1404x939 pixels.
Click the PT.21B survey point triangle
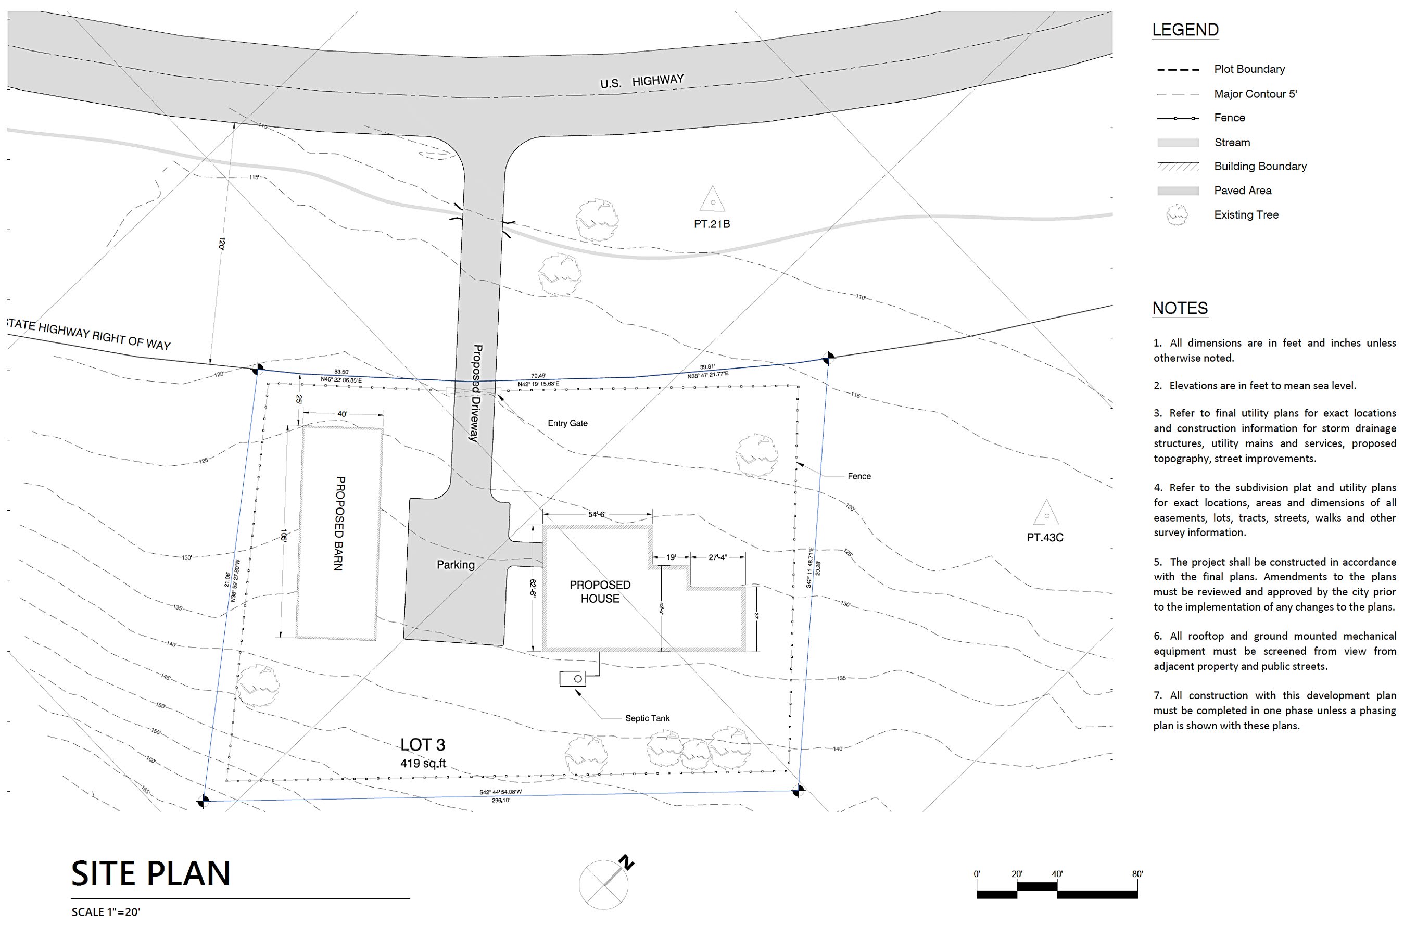(x=712, y=200)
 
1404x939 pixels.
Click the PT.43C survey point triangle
(x=1046, y=513)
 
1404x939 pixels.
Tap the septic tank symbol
(x=573, y=679)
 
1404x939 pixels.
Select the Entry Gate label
(x=567, y=423)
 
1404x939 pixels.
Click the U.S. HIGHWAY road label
(x=641, y=81)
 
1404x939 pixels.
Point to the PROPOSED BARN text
(x=339, y=524)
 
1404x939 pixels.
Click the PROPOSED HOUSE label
(x=600, y=592)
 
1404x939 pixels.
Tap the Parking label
(x=455, y=565)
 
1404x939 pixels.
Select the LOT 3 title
(x=422, y=744)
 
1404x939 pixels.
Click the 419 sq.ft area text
(x=423, y=763)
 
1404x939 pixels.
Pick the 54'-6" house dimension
(x=597, y=514)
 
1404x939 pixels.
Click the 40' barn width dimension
(x=342, y=414)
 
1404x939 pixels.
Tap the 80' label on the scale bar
(x=1137, y=874)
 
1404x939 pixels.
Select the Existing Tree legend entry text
(x=1246, y=214)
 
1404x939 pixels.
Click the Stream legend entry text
(x=1232, y=142)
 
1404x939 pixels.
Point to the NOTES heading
(x=1180, y=308)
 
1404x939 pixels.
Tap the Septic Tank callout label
(x=647, y=718)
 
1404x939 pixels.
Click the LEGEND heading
(x=1185, y=29)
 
